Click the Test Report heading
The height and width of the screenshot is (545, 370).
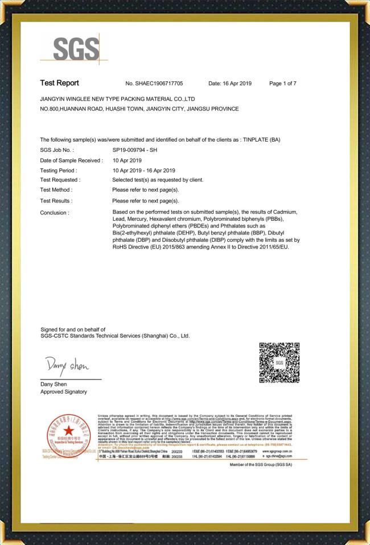point(59,84)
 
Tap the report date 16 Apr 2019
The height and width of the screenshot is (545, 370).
point(230,84)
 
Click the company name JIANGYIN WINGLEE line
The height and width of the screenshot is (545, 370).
point(118,98)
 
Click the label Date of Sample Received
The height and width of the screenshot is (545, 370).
point(71,160)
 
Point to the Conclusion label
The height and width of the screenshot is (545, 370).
point(55,212)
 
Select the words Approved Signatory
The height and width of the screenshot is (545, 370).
point(63,392)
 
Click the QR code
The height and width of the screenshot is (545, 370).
point(279,362)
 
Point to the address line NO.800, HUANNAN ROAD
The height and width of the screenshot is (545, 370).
point(139,109)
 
